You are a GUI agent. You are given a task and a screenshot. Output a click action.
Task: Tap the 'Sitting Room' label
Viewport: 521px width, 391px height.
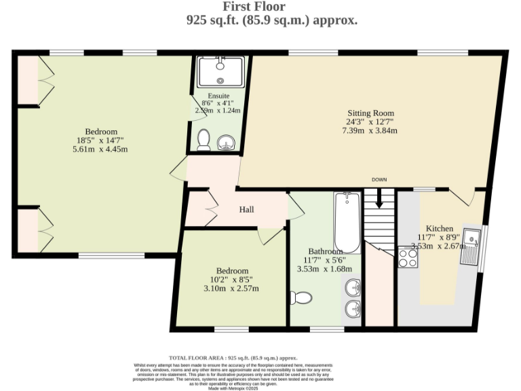tap(370, 113)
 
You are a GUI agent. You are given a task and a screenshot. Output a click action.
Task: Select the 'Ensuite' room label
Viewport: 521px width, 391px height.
tap(218, 96)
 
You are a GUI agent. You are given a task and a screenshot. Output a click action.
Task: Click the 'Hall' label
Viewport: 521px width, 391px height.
tap(246, 210)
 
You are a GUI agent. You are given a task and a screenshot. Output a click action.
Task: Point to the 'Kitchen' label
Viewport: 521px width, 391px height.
tap(440, 228)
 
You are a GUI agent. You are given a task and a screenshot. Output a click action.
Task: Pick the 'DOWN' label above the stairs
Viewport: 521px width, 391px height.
tap(379, 179)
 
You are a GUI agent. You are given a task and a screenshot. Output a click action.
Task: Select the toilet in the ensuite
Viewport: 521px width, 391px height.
tap(203, 140)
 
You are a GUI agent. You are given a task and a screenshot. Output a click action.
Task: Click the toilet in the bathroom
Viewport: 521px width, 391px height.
tap(301, 297)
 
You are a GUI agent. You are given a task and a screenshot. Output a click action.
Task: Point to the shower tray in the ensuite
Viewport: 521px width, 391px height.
tap(221, 71)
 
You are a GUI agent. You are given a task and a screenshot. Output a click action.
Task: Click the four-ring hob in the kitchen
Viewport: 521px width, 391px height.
tap(408, 258)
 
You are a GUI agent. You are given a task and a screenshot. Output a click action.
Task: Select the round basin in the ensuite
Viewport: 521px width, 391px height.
tap(227, 143)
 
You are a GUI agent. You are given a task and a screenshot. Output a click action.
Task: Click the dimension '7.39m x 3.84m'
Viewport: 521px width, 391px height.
tap(370, 131)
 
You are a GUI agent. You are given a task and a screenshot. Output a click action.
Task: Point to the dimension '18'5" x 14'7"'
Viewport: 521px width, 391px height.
tap(101, 141)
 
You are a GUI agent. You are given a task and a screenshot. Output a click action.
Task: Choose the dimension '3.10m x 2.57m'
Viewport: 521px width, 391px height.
tap(232, 288)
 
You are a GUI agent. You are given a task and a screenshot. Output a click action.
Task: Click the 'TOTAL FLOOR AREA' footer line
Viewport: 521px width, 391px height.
tap(233, 358)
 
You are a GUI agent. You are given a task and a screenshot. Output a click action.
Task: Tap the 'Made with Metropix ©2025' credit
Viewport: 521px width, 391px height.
tap(233, 388)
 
